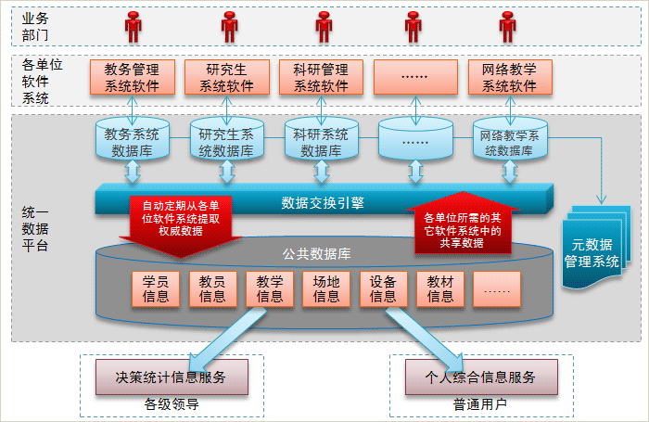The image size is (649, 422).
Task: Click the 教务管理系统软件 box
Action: coord(132,77)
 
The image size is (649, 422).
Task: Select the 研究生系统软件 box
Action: coord(226,77)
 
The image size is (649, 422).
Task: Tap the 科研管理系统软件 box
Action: coord(321,77)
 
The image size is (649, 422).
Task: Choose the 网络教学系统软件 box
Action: coord(509,77)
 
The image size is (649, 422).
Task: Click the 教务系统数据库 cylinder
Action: coord(133,141)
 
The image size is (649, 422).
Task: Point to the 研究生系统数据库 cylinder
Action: coord(226,141)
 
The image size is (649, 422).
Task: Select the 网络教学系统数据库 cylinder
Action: coord(511,141)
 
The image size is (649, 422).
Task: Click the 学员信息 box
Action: coord(156,288)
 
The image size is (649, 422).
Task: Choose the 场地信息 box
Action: coord(325,288)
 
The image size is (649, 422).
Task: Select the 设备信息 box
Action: coord(383,288)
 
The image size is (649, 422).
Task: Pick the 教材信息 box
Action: coord(439,288)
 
